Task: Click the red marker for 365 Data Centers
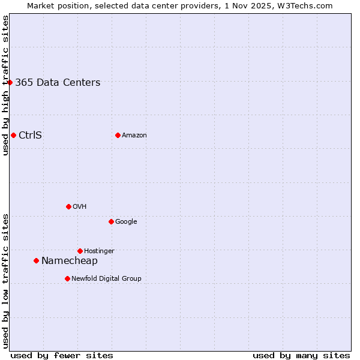click(x=10, y=82)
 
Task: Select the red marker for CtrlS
click(x=13, y=135)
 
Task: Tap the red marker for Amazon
click(x=118, y=135)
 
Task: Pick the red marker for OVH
click(x=68, y=206)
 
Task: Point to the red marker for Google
click(x=111, y=221)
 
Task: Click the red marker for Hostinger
click(x=80, y=251)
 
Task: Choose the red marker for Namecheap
click(x=36, y=260)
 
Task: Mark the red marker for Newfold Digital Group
click(x=67, y=278)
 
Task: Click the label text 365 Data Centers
click(x=58, y=83)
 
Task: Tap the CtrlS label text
click(x=30, y=135)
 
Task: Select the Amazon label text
click(x=134, y=135)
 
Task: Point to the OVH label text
click(x=80, y=206)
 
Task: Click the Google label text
click(x=126, y=221)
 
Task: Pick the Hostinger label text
click(x=99, y=251)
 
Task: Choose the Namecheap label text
click(x=70, y=260)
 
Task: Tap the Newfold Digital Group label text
click(x=106, y=278)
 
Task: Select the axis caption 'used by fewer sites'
click(x=62, y=355)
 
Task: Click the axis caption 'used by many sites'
click(x=301, y=355)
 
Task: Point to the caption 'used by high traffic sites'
click(x=5, y=85)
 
